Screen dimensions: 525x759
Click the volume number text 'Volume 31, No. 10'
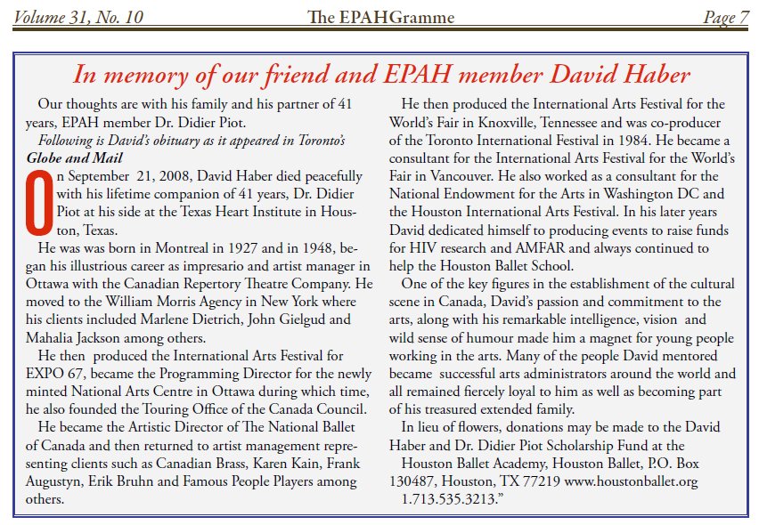[78, 16]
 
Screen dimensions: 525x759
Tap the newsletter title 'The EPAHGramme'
[380, 16]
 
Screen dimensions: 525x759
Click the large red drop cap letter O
[38, 195]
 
